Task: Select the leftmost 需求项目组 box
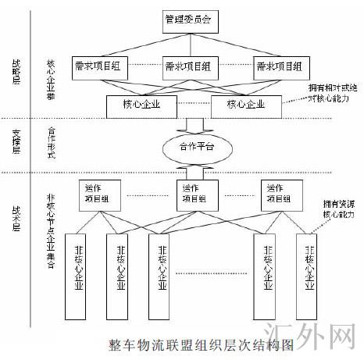tap(100, 67)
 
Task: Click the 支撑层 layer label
tap(17, 145)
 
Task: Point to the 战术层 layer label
tap(17, 216)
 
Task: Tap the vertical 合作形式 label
tap(52, 146)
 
